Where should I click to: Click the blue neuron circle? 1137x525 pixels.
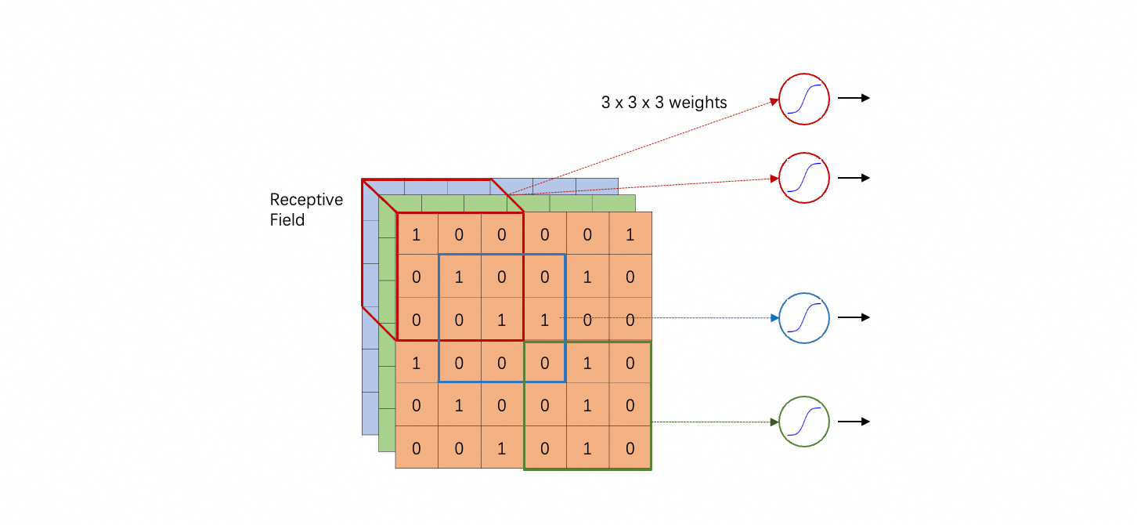[804, 318]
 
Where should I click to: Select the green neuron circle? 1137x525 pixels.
[804, 422]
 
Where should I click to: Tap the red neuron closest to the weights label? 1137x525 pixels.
[804, 100]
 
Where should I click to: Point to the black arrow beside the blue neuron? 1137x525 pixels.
[854, 317]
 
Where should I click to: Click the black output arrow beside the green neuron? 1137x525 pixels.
[854, 422]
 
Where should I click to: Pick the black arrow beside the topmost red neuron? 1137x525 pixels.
[854, 98]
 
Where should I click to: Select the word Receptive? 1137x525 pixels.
[306, 200]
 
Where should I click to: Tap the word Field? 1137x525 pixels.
[287, 220]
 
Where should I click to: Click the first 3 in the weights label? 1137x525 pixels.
[605, 103]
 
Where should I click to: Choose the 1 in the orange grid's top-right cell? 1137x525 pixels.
[630, 234]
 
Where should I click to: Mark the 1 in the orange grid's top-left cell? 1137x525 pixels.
[416, 234]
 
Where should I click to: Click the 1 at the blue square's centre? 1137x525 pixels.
[501, 320]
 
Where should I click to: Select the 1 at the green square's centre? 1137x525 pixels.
[587, 406]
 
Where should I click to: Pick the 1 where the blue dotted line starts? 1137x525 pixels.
[544, 320]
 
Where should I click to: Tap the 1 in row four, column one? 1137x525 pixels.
[416, 363]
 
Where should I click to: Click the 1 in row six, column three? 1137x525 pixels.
[501, 448]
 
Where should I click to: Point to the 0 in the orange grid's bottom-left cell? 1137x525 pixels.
[416, 448]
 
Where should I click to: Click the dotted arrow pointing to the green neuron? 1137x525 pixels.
[713, 422]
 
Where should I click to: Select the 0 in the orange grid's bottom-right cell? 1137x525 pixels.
[630, 448]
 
